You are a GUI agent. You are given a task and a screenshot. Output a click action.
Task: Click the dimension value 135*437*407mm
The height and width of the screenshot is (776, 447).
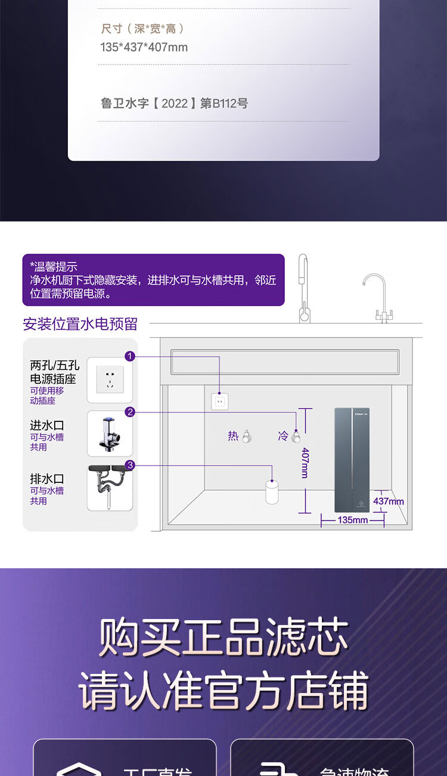point(144,47)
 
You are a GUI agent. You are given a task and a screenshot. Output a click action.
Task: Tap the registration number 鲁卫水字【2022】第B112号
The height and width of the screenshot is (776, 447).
point(174,103)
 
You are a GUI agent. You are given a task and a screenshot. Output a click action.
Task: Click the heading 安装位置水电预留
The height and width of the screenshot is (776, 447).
point(80,324)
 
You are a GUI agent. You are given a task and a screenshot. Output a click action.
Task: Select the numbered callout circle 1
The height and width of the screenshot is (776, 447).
point(130,356)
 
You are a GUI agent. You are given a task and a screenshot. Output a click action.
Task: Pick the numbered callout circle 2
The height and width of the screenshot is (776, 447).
point(130,412)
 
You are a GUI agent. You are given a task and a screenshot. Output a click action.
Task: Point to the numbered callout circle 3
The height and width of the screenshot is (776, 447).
point(130,466)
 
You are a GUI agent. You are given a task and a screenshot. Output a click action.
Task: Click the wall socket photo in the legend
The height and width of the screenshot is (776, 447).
point(110,380)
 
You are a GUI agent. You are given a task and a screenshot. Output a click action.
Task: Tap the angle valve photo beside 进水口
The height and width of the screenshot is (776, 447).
point(110,433)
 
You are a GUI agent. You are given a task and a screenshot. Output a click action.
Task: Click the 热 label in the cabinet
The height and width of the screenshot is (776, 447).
point(233,436)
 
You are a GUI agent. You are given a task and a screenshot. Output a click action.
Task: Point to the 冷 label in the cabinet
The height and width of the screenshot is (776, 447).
point(283,436)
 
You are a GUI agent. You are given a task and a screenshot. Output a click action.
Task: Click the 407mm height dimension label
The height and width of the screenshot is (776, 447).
point(305,463)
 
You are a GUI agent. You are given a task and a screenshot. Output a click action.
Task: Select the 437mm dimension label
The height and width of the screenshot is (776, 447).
point(389,501)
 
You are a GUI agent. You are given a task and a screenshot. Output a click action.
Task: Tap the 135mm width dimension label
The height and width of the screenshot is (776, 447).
point(352,520)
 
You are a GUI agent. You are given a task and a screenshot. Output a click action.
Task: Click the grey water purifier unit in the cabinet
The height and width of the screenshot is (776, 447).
point(352,460)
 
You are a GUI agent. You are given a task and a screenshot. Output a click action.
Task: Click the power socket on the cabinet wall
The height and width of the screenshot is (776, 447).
point(219,402)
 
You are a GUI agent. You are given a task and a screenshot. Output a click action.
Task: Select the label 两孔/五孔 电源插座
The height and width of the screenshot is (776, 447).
point(55,371)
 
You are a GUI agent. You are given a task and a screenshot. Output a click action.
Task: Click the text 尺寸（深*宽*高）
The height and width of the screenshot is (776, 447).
point(142,29)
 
